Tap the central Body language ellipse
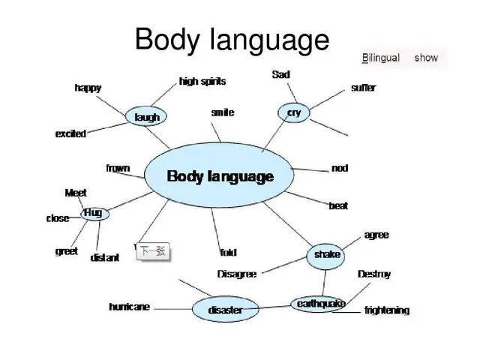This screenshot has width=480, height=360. [x=220, y=177]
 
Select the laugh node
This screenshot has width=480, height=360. [x=146, y=117]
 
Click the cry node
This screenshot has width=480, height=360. [x=294, y=112]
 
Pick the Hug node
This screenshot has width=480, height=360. [x=94, y=213]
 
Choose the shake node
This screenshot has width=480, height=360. [x=327, y=255]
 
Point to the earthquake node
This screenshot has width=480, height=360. [x=321, y=304]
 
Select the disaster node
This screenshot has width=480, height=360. [x=225, y=310]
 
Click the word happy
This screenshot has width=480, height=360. [x=88, y=88]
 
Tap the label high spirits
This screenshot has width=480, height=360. [x=202, y=81]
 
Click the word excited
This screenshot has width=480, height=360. [x=70, y=134]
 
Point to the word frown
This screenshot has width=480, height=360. [x=118, y=168]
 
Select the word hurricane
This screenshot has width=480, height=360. [x=129, y=307]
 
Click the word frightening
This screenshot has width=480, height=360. [x=387, y=310]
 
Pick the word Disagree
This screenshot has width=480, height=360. [x=236, y=274]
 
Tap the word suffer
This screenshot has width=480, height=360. [x=364, y=88]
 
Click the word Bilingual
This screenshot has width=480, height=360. [x=381, y=58]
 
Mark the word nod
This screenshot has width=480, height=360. [x=340, y=168]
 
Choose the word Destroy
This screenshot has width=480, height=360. [x=374, y=274]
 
